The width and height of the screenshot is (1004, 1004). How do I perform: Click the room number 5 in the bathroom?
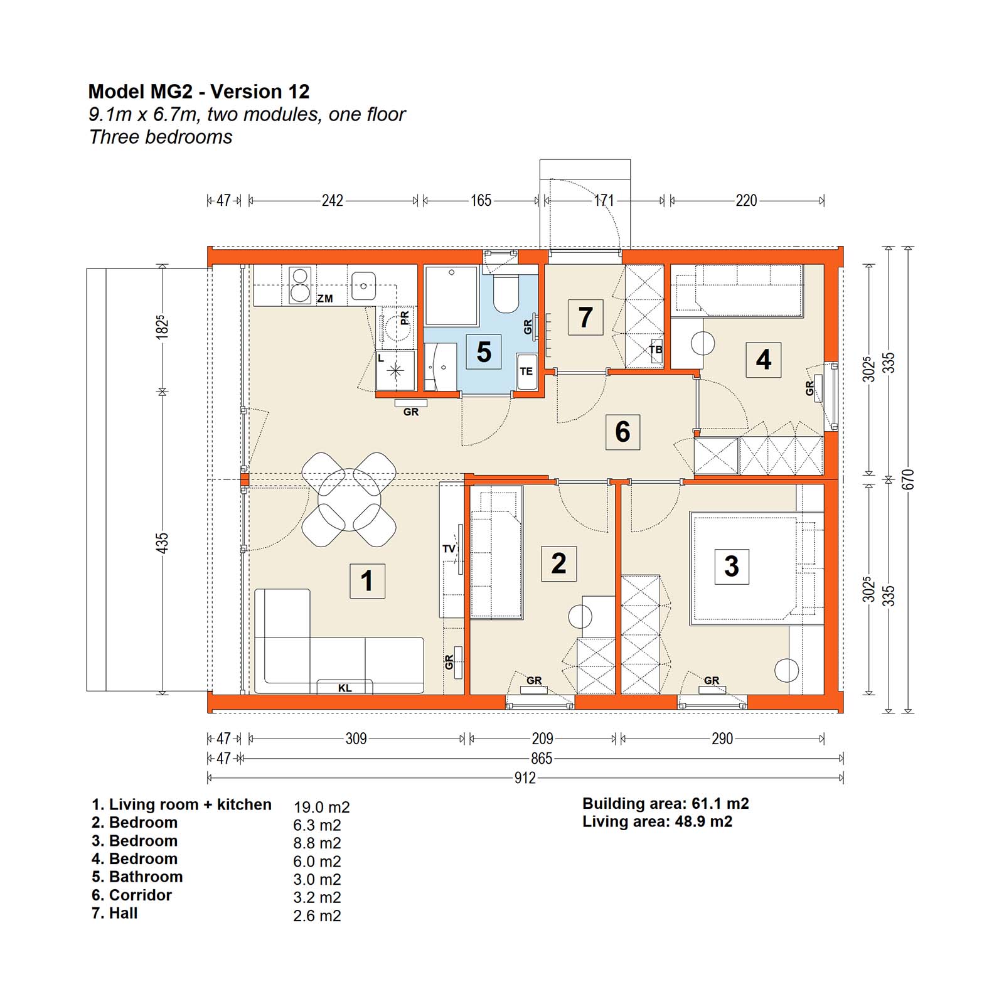coord(483,352)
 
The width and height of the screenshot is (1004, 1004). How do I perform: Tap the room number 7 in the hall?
coord(585,317)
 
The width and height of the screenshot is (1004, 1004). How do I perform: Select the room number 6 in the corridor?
coord(622,432)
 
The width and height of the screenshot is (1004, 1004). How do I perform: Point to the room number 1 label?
coord(367,580)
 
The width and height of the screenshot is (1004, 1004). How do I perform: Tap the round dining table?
coord(349,499)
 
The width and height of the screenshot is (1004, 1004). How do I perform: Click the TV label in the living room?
coord(449,549)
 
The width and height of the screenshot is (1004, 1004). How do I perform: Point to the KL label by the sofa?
coord(345,688)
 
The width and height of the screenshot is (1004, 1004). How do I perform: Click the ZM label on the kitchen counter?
coord(324,299)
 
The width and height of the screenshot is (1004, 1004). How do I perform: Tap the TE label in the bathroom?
coord(526,371)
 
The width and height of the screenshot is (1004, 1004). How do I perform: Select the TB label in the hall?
coord(656,350)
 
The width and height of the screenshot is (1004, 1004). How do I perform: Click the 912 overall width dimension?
coord(525,778)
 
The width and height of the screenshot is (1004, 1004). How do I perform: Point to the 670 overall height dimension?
coord(909,479)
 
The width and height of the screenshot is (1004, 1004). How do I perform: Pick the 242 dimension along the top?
coord(332,200)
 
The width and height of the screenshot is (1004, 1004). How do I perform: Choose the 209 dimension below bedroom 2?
coord(542,739)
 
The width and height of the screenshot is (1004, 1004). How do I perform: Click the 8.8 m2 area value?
coord(317,843)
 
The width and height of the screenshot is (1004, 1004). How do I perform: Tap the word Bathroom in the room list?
coord(146,877)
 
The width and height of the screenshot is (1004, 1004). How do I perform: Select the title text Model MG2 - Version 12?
coord(199,92)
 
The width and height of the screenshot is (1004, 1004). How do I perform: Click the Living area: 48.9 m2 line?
coord(657,821)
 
